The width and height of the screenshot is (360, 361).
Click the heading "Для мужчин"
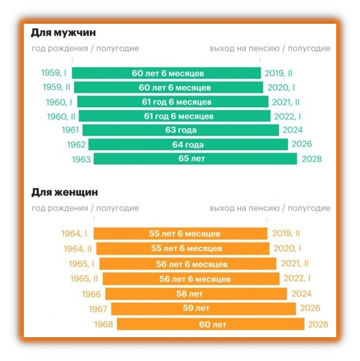pos(63,33)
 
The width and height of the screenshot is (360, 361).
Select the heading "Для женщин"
pos(64,192)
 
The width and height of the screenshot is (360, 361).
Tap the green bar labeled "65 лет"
pos(195,159)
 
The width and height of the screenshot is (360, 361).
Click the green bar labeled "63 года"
pos(181,130)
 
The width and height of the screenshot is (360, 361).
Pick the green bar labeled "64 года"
pos(188,145)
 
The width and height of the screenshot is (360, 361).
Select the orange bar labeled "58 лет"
pos(196,294)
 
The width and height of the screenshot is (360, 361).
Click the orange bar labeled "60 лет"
pos(211,324)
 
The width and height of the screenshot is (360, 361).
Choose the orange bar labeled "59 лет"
pos(204,309)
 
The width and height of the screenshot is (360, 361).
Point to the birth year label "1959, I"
pos(54,73)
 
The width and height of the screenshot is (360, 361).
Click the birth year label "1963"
pos(81,159)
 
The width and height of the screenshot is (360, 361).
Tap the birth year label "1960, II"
pos(61,117)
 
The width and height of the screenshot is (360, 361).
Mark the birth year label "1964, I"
pos(74,234)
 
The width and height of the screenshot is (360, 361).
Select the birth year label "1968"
pos(104,324)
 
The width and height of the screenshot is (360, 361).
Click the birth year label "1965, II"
pos(84,279)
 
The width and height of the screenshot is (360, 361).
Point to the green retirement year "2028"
pos(312,159)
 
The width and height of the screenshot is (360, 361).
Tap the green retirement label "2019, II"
pos(278,73)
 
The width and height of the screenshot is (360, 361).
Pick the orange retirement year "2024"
pos(301,294)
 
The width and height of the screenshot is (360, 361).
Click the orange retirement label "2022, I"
pos(297,278)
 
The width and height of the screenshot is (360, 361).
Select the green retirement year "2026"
pos(302,144)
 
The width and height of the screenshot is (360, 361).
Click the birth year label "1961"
pos(71,130)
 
